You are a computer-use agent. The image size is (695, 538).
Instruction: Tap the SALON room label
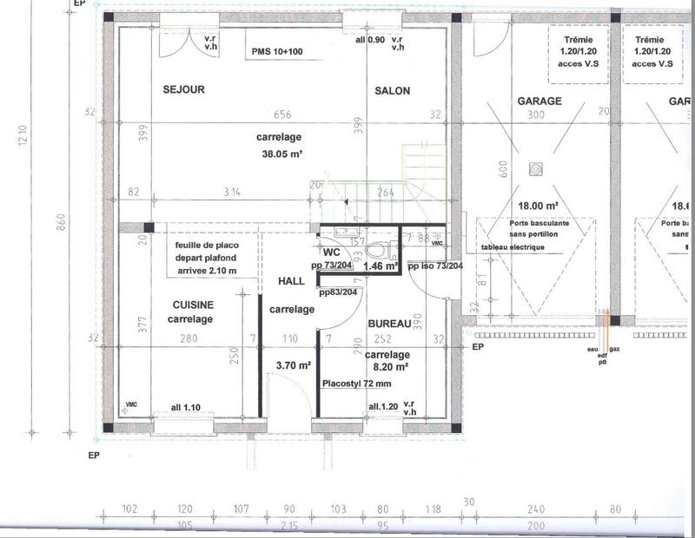tap(392, 91)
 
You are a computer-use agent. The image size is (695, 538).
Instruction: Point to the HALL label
tap(291, 282)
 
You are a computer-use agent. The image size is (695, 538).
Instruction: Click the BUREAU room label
tap(388, 323)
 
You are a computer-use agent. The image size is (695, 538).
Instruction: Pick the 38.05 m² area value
tap(279, 155)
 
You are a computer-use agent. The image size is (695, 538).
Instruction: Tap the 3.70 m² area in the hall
tap(293, 366)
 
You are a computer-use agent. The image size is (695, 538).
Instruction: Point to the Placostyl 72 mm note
tap(356, 383)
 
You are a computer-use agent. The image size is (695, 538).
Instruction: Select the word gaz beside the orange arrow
tap(614, 349)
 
